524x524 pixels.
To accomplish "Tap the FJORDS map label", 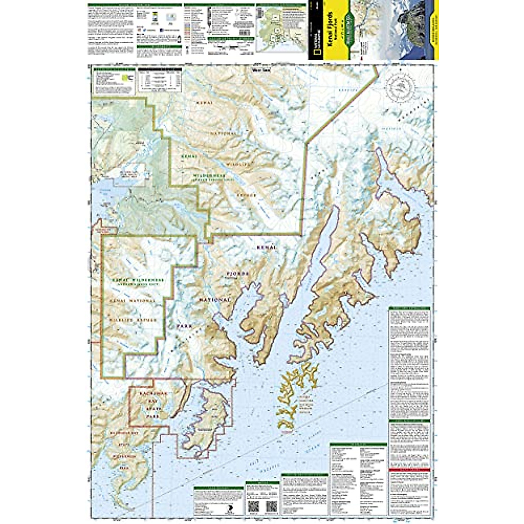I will [x=238, y=274].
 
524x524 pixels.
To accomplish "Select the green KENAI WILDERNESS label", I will [x=133, y=279].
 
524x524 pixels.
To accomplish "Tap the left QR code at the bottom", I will [x=254, y=507].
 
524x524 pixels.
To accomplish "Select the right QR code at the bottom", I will [x=271, y=507].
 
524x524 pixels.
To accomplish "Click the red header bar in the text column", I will [x=409, y=469].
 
